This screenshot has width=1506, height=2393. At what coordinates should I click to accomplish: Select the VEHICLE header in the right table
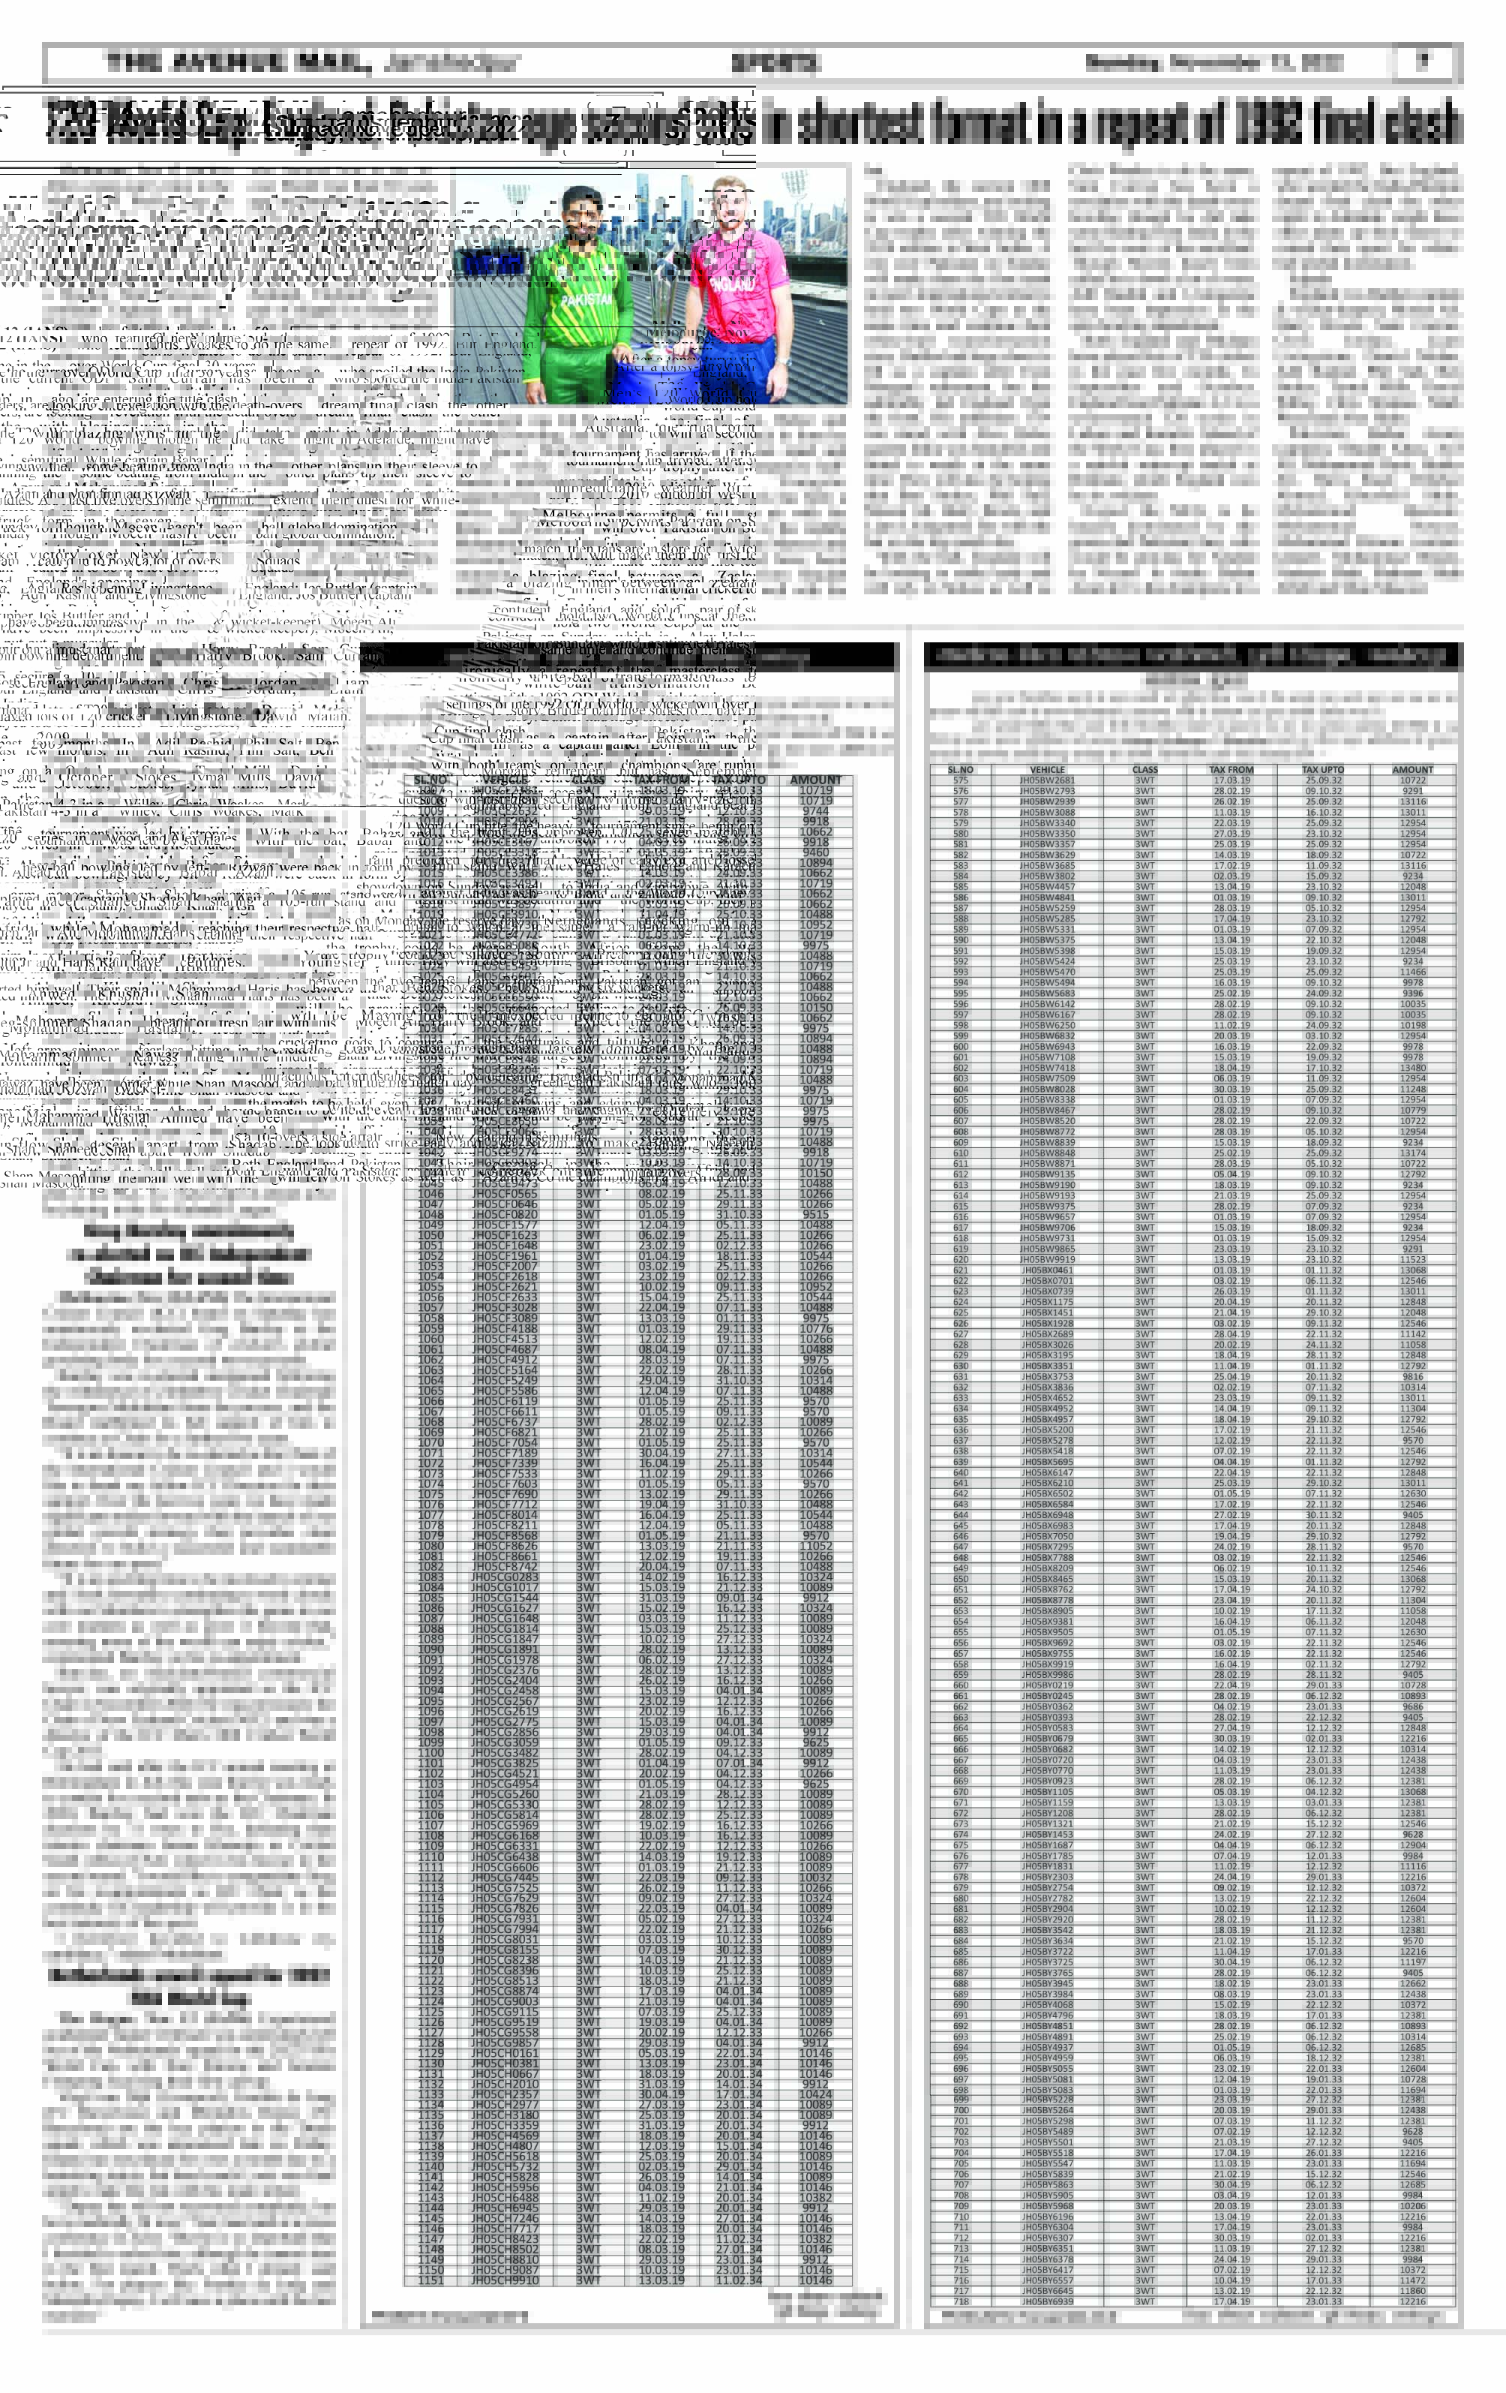(1047, 769)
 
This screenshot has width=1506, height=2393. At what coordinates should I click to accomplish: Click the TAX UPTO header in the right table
(1323, 769)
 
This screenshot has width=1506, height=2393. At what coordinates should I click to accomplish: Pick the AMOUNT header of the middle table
(814, 780)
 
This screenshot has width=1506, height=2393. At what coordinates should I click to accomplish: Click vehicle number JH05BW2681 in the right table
(1047, 780)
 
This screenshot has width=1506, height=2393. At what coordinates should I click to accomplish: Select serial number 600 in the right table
(960, 1047)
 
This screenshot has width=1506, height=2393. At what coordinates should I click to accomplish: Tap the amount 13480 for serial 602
(1411, 1067)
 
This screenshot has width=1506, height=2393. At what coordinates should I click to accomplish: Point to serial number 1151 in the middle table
(430, 2280)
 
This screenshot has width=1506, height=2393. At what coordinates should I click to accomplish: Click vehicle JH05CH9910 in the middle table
(505, 2280)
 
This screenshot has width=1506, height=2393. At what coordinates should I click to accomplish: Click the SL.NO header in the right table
(960, 769)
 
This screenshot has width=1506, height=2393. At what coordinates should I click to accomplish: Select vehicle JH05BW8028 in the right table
(1047, 1089)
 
